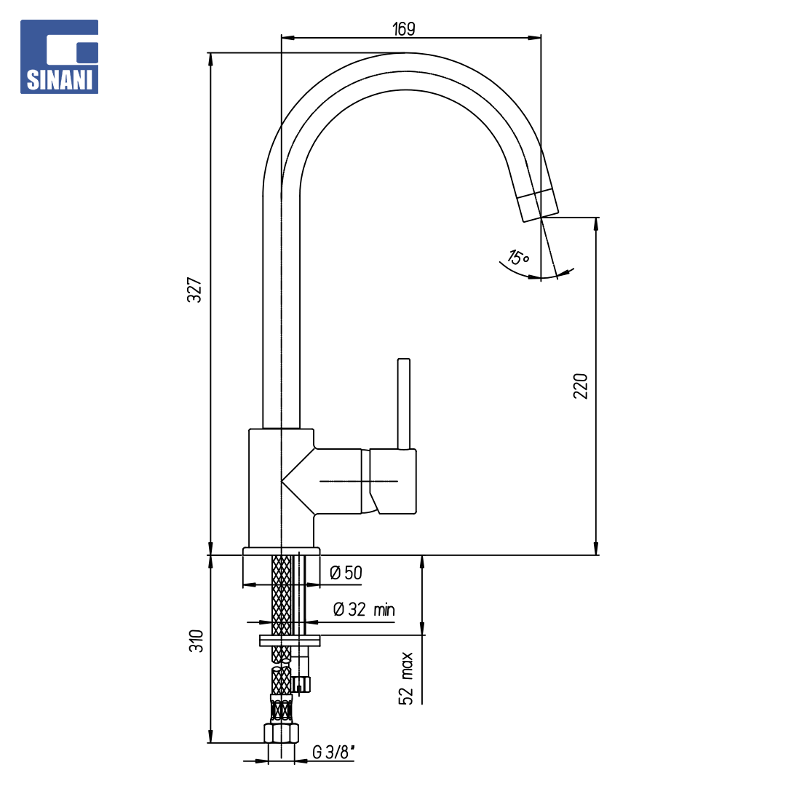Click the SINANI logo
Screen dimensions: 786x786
(59, 57)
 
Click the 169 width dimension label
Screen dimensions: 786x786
(403, 29)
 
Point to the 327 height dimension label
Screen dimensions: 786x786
(194, 290)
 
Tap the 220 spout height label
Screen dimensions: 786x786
(581, 386)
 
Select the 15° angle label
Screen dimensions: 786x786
(518, 257)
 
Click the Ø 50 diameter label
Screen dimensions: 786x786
(346, 573)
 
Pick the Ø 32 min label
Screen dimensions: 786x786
(364, 610)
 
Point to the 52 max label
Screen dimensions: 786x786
(406, 679)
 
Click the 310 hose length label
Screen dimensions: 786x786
(196, 641)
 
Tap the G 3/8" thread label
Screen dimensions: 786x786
(334, 752)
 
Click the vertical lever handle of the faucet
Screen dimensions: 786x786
(403, 403)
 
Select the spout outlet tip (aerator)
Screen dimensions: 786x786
(538, 205)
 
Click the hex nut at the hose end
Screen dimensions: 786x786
(281, 733)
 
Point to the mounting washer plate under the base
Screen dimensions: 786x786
(290, 640)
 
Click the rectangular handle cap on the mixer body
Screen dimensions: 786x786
(393, 481)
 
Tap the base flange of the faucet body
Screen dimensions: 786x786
(281, 552)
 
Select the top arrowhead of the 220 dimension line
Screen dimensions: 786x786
(596, 223)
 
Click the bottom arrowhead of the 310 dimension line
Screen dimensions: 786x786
(210, 737)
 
